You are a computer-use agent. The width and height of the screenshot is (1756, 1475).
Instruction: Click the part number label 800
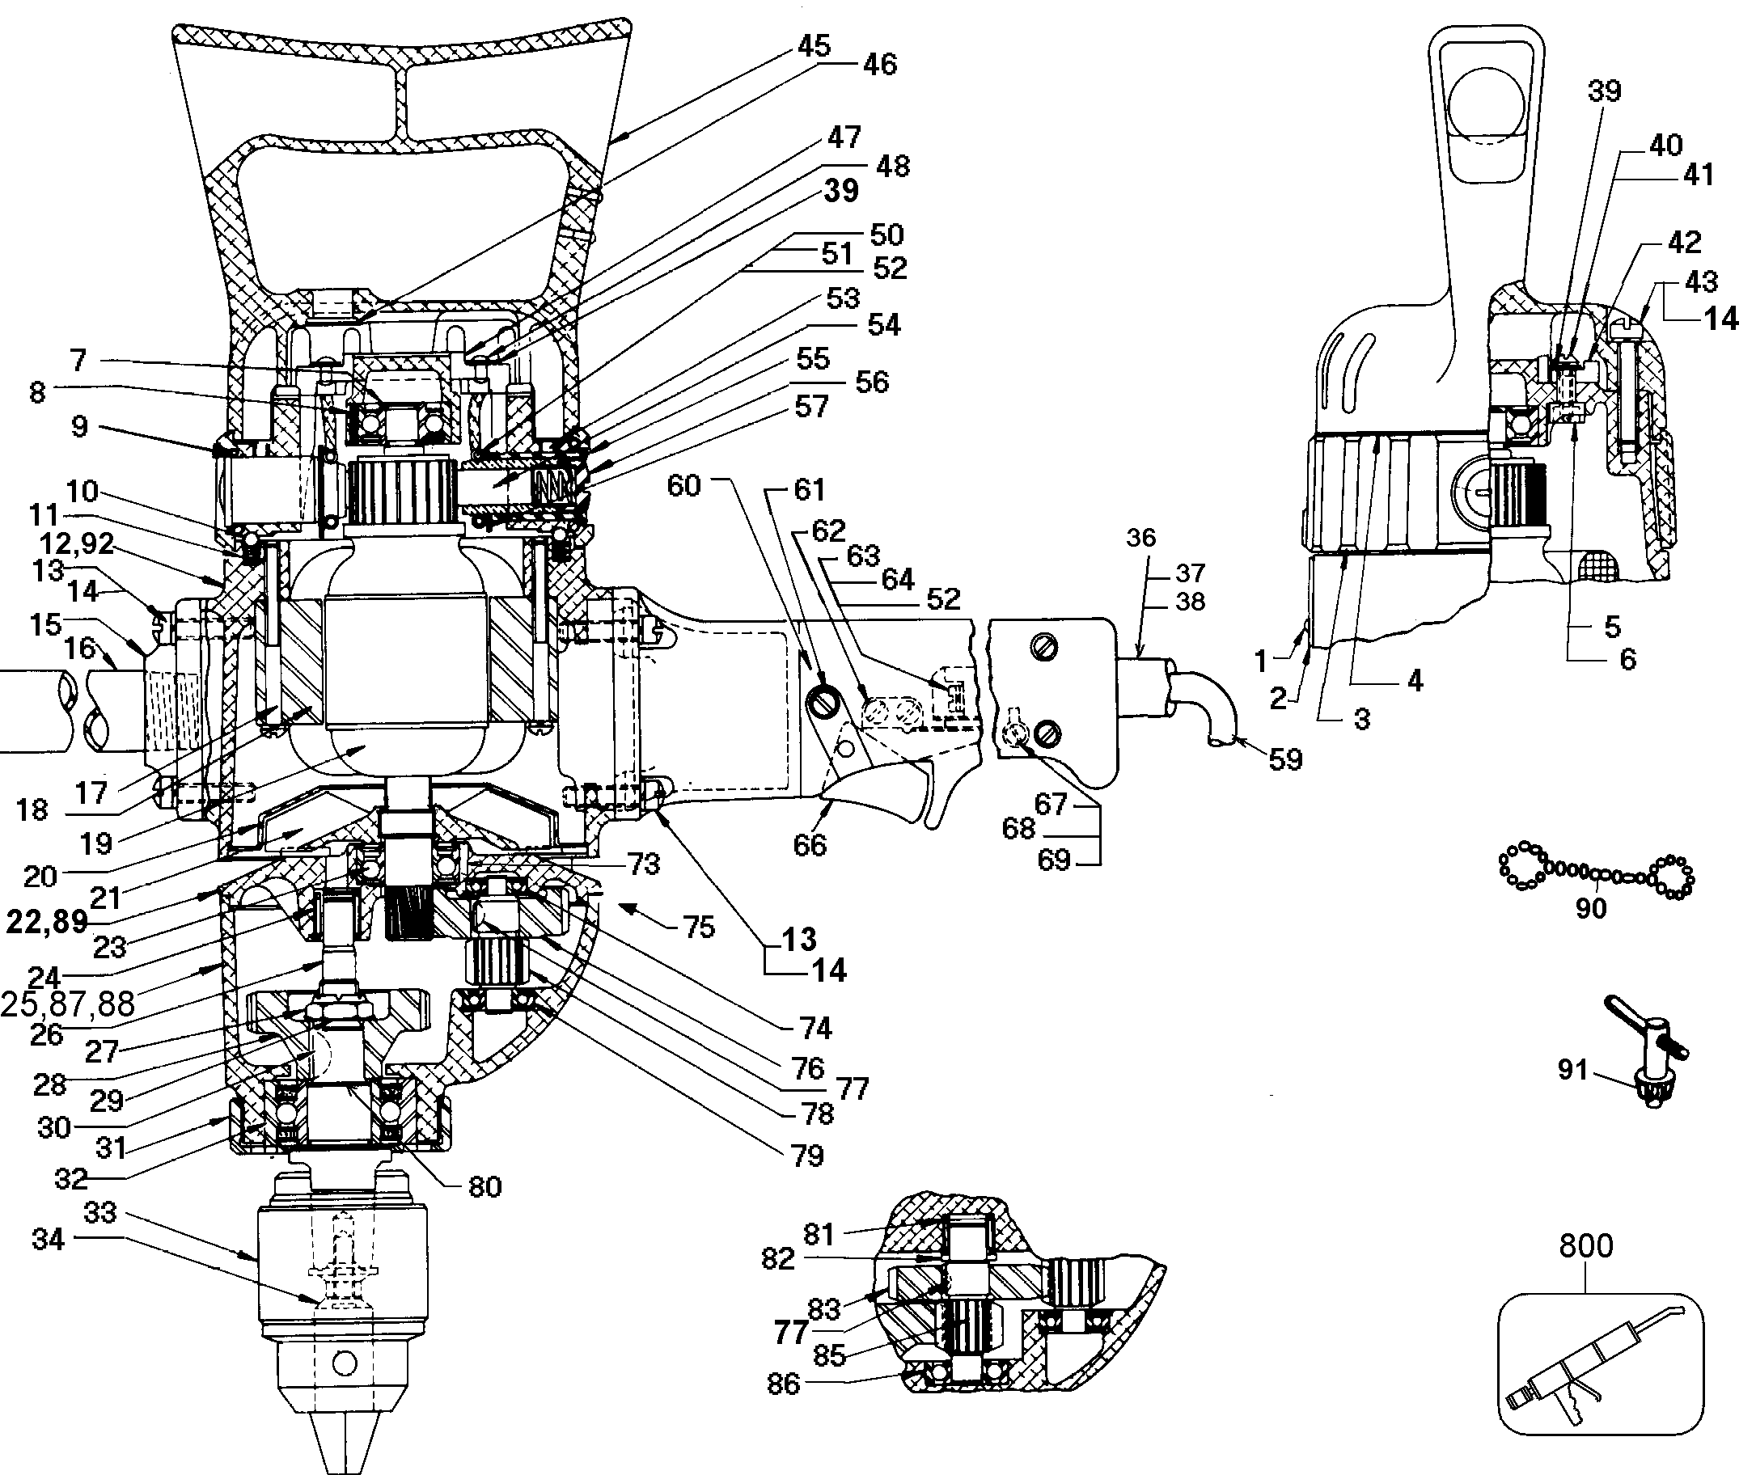click(1585, 1247)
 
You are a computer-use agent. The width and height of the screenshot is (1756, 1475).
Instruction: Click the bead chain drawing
click(1596, 874)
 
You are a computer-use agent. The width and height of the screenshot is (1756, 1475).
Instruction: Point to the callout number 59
click(1285, 759)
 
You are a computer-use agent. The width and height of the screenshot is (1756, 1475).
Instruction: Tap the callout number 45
click(813, 46)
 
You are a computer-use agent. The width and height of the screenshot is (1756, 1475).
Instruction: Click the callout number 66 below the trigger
click(810, 845)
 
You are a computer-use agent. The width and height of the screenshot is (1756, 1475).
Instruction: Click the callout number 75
click(699, 927)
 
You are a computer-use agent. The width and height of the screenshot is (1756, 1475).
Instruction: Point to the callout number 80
click(485, 1186)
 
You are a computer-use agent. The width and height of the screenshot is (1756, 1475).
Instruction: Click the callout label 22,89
click(47, 921)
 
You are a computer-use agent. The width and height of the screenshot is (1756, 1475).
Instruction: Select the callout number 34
click(48, 1239)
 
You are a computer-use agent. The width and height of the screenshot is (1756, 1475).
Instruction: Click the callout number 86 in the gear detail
click(784, 1384)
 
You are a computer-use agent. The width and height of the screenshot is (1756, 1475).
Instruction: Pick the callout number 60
click(683, 486)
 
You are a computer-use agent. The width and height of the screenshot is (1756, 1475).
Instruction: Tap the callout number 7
click(78, 361)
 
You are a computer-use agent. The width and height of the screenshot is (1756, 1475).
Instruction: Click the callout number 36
click(1140, 538)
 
